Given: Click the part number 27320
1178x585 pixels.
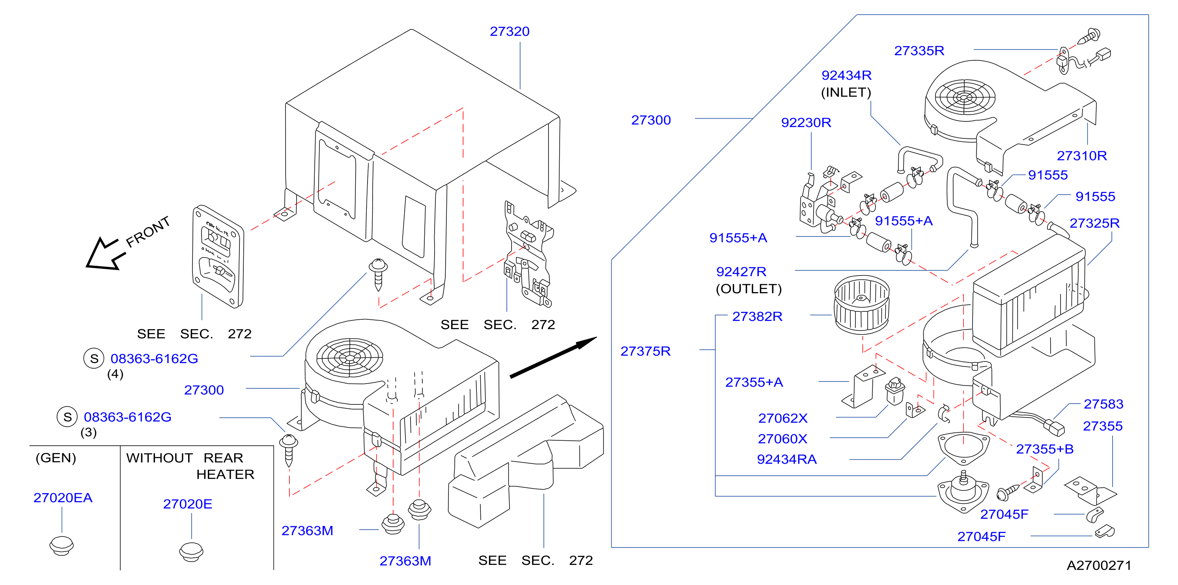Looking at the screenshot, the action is coord(510,32).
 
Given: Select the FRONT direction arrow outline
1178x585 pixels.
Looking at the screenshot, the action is coord(105,254).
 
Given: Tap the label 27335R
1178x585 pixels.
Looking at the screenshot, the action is coord(919,51).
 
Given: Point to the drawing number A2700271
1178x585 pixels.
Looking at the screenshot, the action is coord(1099,565).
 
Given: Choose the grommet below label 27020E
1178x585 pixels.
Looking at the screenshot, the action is coord(191,551).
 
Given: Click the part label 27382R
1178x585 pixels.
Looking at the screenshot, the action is coord(757,316).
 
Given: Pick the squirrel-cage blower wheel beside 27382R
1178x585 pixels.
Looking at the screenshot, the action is coord(862,304).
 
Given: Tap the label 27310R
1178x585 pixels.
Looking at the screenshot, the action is coord(1082,156).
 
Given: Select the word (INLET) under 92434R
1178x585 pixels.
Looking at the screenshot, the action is coord(846,92).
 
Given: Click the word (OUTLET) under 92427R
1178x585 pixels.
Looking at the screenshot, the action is coord(749,289).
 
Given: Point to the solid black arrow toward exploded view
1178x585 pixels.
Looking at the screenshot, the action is coord(553,358).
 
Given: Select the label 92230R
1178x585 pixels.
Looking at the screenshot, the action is coord(806,123).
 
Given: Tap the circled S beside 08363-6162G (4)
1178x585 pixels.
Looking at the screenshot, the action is coord(94,358).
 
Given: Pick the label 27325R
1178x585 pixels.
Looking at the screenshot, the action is coord(1094,223).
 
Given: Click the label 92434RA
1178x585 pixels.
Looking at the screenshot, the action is coord(786,459).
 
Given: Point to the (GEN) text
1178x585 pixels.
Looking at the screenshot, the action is coord(56,458).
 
